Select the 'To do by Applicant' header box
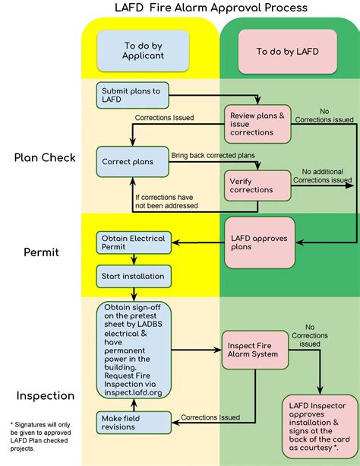[x=134, y=50]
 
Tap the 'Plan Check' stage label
[x=44, y=158]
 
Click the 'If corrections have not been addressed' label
[x=166, y=201]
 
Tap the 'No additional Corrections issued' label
[x=325, y=176]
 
